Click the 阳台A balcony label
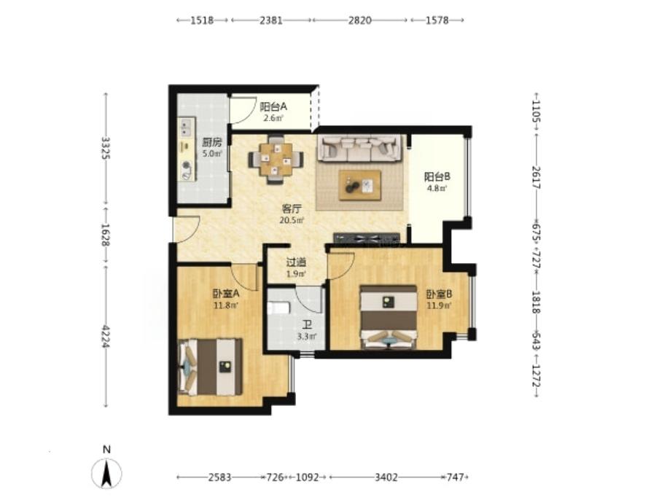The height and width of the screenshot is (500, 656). coord(273,106)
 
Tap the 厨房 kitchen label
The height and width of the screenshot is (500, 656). coord(211,142)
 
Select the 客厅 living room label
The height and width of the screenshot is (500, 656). coord(292,208)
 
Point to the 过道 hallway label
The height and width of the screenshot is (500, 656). coord(296,262)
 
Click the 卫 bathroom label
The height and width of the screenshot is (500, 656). coord(307,324)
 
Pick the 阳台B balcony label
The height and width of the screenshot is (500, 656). coord(437,177)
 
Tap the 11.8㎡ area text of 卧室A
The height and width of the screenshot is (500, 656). coord(226,305)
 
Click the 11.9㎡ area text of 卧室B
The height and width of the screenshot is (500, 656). coord(440,305)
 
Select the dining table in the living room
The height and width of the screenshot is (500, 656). coord(276,160)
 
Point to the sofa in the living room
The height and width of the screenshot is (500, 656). coord(360,148)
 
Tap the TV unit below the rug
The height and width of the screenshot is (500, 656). coord(367,238)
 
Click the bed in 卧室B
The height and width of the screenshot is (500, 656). coord(389,317)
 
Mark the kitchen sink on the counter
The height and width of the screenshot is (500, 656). coord(186,127)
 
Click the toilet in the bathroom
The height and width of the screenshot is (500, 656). coord(278,308)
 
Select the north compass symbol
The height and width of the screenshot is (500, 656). coord(107,473)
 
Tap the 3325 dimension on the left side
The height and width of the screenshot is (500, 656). coord(106,148)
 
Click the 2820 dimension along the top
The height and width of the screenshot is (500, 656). coord(360,20)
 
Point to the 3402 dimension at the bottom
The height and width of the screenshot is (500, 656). coord(386,477)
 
